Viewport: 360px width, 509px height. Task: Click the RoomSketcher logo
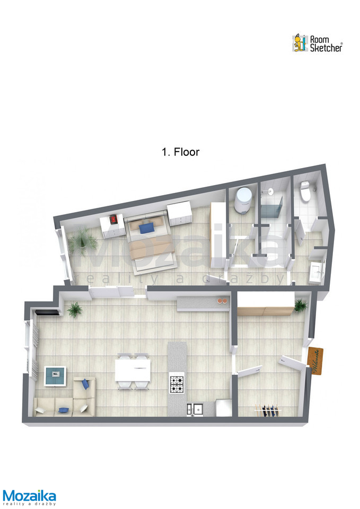[x=317, y=43]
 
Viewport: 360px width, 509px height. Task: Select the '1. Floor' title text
[x=180, y=152]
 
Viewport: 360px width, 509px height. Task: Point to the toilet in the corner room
[x=305, y=191]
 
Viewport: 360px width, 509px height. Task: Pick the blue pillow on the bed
[x=147, y=227]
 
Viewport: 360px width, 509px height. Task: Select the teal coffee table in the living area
[x=55, y=376]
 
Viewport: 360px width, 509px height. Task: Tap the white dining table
[x=133, y=371]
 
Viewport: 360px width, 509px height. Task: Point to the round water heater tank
[x=244, y=200]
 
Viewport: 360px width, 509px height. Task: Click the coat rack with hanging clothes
[x=268, y=410]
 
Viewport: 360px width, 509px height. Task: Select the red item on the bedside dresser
[x=113, y=219]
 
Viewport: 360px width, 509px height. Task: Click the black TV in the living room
[x=47, y=313]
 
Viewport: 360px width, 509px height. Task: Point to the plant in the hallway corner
[x=300, y=306]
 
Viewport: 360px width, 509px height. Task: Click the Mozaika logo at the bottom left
[x=29, y=498]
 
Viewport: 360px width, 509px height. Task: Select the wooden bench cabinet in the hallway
[x=265, y=311]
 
